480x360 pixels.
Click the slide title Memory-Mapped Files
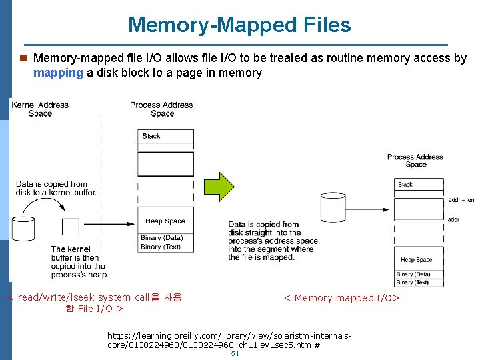point(239,25)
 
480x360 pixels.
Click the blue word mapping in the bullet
point(58,73)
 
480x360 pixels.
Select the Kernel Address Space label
point(40,109)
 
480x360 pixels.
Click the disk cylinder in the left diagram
point(23,227)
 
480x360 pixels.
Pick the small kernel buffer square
point(71,227)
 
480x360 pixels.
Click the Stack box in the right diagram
point(419,184)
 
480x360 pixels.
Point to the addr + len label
point(461,199)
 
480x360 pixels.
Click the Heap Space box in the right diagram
point(419,259)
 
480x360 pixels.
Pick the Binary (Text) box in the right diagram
point(419,283)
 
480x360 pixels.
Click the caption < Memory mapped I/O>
point(341,298)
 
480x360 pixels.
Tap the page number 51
point(235,353)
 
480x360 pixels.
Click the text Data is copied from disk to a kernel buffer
point(56,188)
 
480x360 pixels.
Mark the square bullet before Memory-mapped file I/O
point(23,59)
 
